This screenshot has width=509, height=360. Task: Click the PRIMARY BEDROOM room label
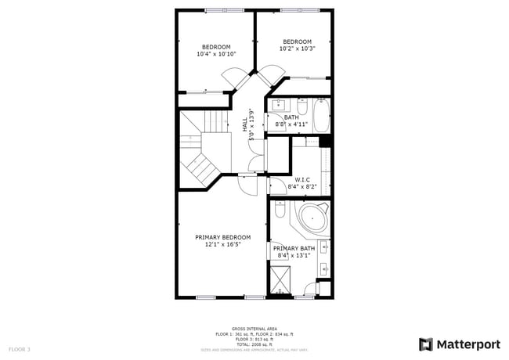point(222,237)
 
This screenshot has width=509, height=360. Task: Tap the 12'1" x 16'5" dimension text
point(222,244)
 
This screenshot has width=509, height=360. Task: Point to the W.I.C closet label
point(302,179)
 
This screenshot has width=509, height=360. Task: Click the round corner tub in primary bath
point(311,218)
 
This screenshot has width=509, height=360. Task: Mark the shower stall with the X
point(280,279)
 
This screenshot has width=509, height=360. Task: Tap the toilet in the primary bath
point(279,211)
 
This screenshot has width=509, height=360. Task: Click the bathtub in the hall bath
point(321,114)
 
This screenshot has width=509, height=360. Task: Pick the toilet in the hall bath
point(300,103)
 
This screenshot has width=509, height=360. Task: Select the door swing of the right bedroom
point(271,77)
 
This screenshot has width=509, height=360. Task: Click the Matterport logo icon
point(426,344)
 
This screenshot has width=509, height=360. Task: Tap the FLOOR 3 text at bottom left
point(20,348)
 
